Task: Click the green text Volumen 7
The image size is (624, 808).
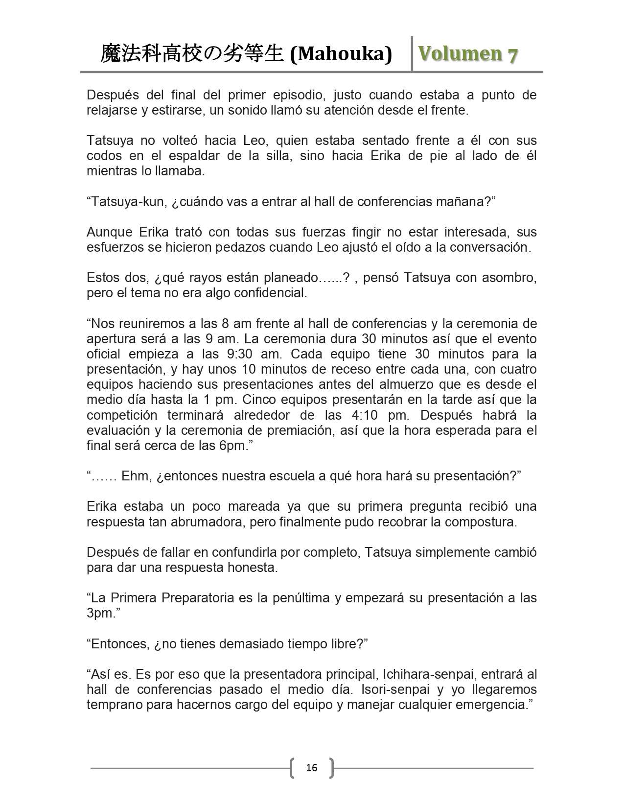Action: tap(467, 54)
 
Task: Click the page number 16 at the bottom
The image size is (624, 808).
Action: tap(311, 767)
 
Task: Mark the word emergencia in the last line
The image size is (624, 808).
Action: tap(489, 705)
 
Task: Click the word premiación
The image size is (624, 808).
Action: tap(299, 430)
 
